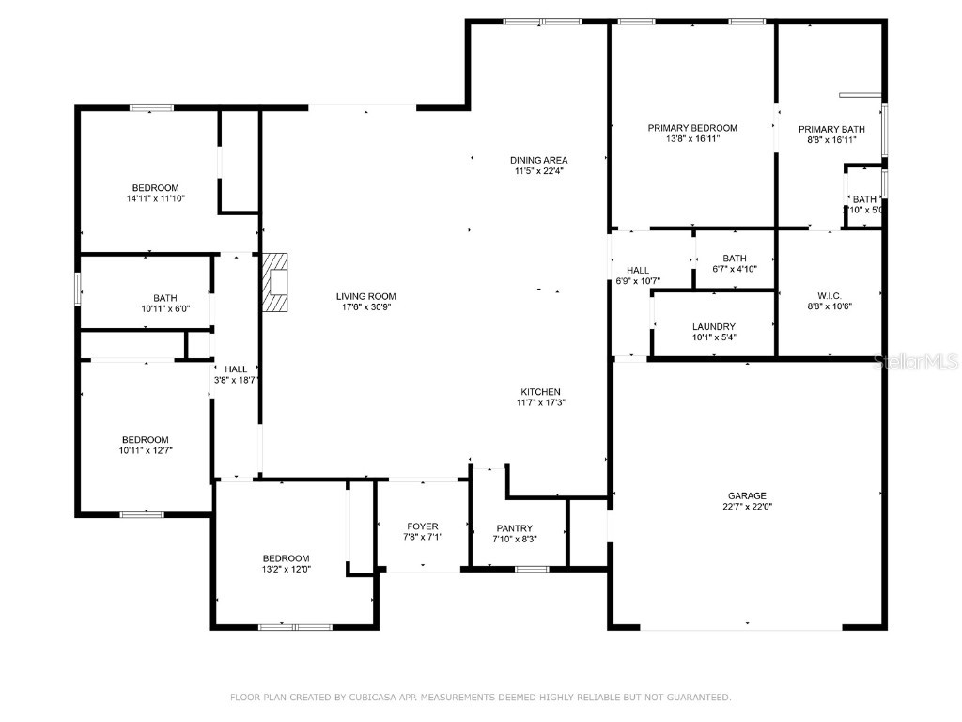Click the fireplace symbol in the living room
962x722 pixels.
tap(276, 281)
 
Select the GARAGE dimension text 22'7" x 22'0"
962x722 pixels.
tap(748, 507)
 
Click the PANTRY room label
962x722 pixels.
tap(514, 528)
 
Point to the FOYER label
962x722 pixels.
tap(422, 526)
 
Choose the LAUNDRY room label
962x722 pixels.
tap(714, 326)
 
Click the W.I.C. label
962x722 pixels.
tap(828, 293)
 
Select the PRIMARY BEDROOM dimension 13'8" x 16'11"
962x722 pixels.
tap(692, 139)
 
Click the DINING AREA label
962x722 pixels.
tap(539, 160)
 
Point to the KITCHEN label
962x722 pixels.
tap(540, 392)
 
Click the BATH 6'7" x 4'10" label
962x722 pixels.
tap(734, 259)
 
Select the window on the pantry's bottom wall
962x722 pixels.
tap(533, 569)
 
